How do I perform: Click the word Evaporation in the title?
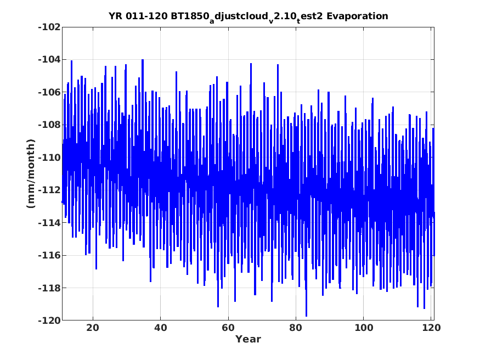357,16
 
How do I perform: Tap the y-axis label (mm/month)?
31,173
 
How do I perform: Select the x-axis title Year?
248,339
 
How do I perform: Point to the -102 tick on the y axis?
49,27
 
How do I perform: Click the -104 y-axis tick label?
49,59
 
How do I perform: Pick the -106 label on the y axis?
49,92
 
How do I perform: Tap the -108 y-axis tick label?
49,125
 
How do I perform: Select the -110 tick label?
49,157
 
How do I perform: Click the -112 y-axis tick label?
49,190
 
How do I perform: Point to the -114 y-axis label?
49,223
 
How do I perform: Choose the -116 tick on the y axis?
49,255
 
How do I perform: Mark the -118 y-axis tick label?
49,288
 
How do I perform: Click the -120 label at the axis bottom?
49,320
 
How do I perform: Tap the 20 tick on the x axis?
93,328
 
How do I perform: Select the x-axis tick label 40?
160,328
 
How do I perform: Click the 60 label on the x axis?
228,328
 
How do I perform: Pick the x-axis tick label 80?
296,328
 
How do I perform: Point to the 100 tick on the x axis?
363,328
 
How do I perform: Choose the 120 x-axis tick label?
431,328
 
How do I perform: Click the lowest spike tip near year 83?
306,316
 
